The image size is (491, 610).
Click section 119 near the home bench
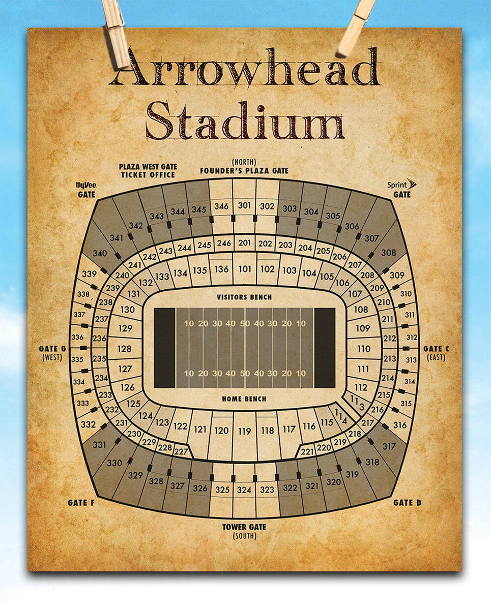click(244, 431)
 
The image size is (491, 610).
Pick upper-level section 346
click(221, 206)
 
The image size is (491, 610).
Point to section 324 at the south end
click(244, 490)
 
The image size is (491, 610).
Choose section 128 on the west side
click(124, 349)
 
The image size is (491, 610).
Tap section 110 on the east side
click(363, 349)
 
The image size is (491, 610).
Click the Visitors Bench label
click(244, 297)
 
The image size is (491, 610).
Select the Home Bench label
click(244, 399)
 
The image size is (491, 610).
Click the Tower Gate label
click(244, 527)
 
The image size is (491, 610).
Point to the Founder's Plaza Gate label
click(244, 171)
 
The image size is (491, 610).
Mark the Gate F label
click(81, 503)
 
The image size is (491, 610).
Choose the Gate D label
click(407, 503)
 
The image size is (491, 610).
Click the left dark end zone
click(164, 348)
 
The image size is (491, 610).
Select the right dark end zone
click(325, 348)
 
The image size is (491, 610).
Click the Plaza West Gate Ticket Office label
click(148, 170)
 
